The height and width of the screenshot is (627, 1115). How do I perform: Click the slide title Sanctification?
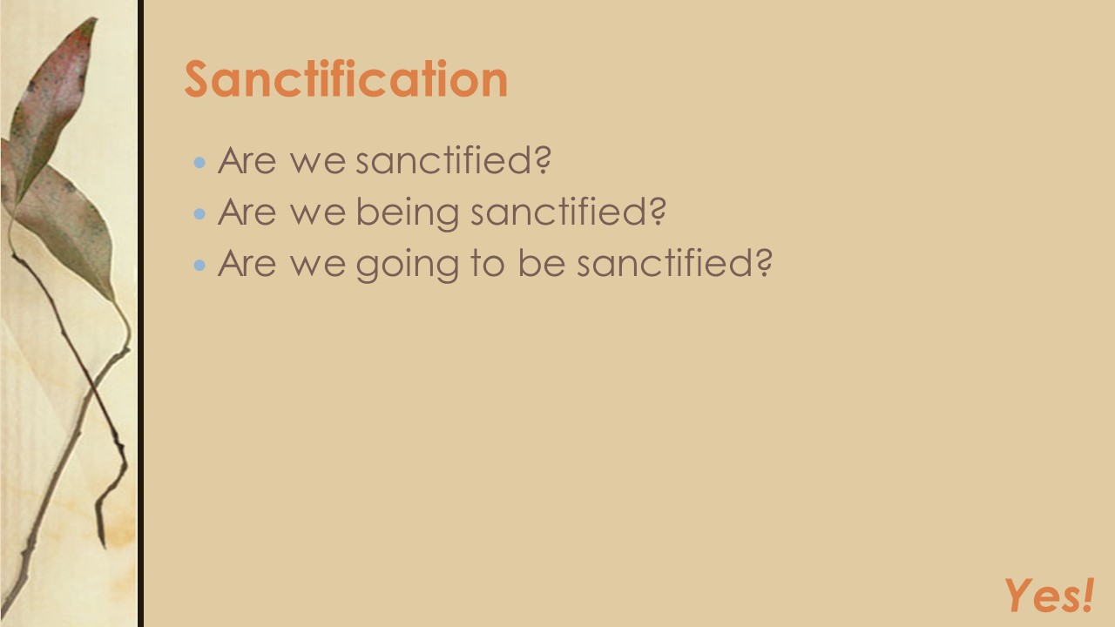coord(346,79)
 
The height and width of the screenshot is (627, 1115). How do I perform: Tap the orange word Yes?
coord(1048,597)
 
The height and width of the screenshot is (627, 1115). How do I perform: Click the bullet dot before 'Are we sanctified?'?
coord(200,162)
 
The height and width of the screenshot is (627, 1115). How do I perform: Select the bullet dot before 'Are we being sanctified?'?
coord(200,213)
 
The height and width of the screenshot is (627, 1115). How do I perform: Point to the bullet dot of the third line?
coord(200,265)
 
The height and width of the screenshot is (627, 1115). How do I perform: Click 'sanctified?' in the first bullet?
coord(454,161)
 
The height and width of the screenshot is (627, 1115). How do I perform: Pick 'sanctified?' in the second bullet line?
coord(569,212)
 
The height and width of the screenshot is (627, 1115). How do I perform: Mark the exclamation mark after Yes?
coord(1086,595)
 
